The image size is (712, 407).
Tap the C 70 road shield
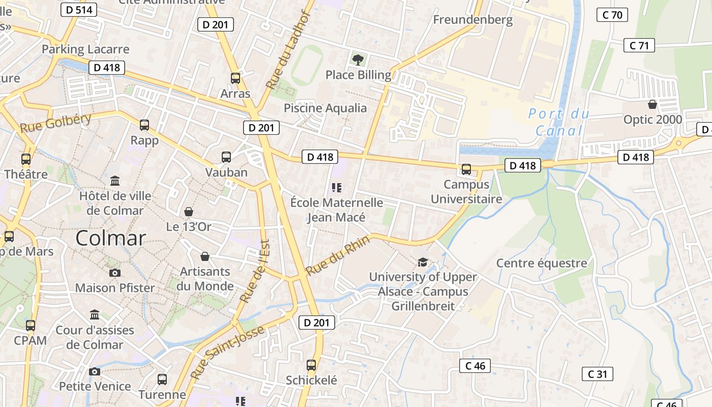tap(612, 15)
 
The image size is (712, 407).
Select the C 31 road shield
tap(598, 374)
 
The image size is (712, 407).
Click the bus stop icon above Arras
tap(235, 78)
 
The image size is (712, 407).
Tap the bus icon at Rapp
tap(144, 125)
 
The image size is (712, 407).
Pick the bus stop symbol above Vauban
tap(226, 157)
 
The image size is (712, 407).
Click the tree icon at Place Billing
tap(358, 60)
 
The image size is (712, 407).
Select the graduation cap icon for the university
tap(423, 263)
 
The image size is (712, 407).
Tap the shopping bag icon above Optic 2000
tap(652, 104)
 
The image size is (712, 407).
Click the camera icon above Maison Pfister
tap(115, 273)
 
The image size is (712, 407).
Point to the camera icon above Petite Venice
tap(95, 371)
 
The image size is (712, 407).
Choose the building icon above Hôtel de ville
tap(115, 181)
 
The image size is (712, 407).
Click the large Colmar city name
tap(111, 238)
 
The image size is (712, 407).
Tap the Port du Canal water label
tap(559, 122)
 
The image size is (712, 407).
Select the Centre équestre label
tap(541, 263)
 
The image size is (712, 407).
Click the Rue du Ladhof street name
tap(288, 49)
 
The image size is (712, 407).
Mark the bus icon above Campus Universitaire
tap(466, 169)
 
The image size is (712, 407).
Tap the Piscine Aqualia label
tap(325, 108)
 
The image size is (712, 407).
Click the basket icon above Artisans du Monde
tap(205, 256)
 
